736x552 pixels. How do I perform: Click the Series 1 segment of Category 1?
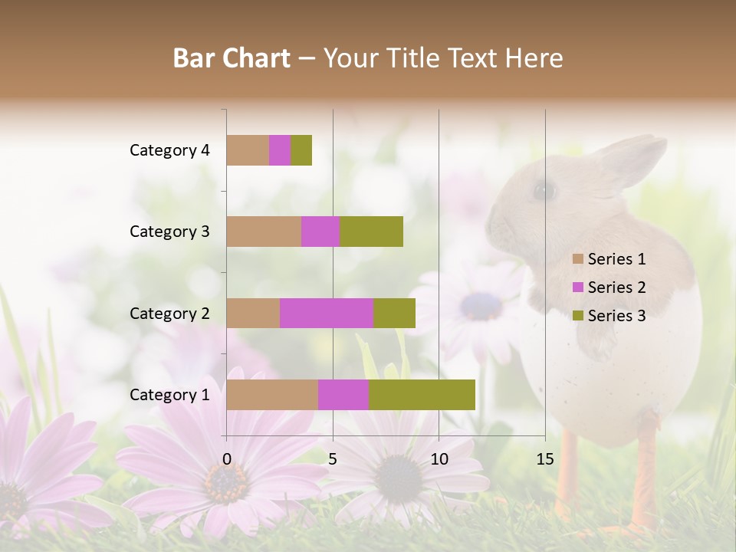point(272,395)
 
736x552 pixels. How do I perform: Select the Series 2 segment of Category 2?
point(327,313)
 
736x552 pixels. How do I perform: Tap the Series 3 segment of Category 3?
point(371,232)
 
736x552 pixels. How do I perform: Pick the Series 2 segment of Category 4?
point(280,150)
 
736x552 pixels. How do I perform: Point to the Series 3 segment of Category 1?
point(422,395)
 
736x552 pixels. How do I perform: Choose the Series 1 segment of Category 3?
point(264,232)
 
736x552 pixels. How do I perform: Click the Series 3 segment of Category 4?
point(301,150)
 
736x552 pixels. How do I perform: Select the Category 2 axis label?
point(169,313)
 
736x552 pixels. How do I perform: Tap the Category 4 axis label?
point(169,150)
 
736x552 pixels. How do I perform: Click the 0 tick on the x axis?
point(227,458)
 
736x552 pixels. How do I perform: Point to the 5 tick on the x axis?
point(333,458)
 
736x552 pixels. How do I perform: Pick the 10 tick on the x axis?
point(439,458)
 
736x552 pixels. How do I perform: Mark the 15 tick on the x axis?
point(545,458)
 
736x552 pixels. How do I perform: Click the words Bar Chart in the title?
point(232,58)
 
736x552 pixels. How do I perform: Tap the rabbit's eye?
point(544,189)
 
